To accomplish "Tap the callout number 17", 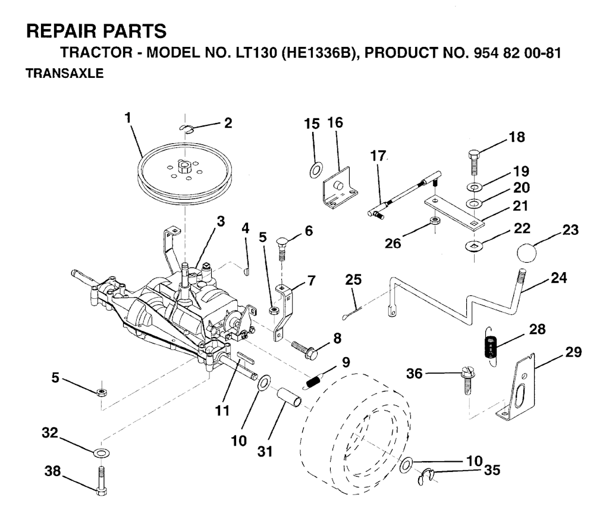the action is [378, 156].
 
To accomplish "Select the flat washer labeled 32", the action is [102, 452].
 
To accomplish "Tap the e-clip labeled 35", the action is [426, 477].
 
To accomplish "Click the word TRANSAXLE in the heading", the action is [64, 73].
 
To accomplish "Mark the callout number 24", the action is [558, 278].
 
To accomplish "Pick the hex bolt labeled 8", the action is [304, 348].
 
